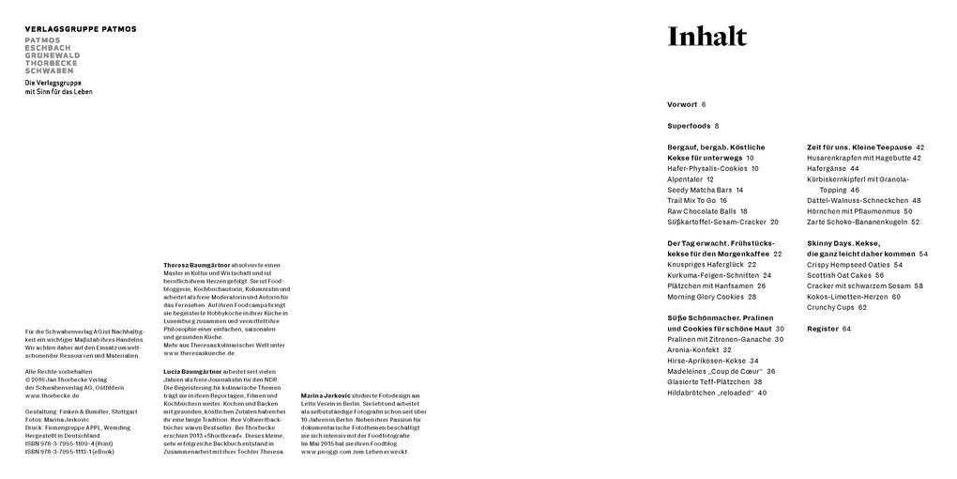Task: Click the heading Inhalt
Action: point(706,38)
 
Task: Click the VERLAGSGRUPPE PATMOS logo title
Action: point(81,29)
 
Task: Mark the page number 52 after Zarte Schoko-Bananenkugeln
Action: point(915,223)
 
